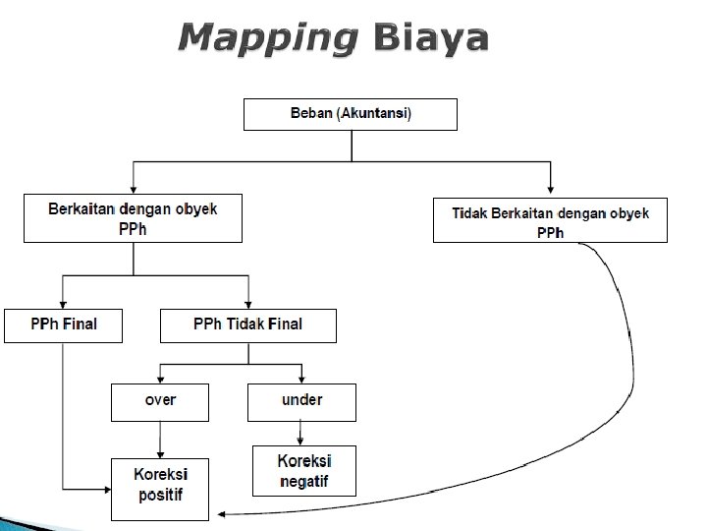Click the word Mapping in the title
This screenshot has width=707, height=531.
pos(267,38)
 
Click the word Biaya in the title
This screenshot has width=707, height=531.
pos(430,38)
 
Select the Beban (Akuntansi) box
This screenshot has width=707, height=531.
pos(351,114)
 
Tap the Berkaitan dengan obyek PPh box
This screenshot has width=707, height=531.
pos(133,218)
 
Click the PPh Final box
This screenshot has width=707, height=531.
pos(63,324)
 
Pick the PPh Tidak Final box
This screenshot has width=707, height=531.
pos(247,324)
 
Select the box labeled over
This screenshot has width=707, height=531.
pos(159,401)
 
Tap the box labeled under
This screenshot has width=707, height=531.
pos(301,401)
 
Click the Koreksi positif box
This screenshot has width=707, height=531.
pos(159,488)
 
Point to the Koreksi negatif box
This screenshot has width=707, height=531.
pos(304,470)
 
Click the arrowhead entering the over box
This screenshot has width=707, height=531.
pos(159,379)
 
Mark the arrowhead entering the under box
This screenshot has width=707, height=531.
pos(301,379)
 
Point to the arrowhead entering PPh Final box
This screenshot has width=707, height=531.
pos(63,304)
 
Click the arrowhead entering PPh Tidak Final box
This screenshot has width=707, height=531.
pos(248,304)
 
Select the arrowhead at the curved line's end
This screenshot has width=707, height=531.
pos(222,513)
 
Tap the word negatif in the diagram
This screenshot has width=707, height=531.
pos(304,481)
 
